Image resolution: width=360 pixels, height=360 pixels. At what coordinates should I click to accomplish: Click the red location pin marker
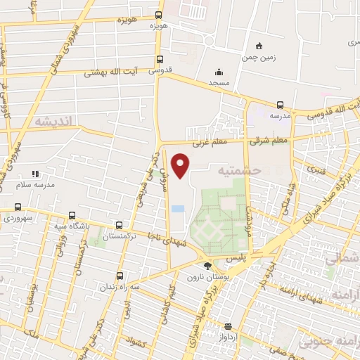pyautogui.click(x=181, y=165)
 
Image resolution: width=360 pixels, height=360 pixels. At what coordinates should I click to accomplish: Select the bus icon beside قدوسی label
pyautogui.click(x=160, y=60)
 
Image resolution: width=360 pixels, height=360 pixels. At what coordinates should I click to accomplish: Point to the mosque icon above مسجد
pyautogui.click(x=219, y=72)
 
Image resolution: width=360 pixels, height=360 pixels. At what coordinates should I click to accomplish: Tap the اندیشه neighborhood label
pyautogui.click(x=53, y=122)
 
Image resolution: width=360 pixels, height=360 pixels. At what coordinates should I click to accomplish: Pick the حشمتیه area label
pyautogui.click(x=239, y=170)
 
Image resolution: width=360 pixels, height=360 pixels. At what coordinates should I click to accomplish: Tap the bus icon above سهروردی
pyautogui.click(x=18, y=207)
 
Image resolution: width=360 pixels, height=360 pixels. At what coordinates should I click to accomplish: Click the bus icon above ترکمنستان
pyautogui.click(x=119, y=226)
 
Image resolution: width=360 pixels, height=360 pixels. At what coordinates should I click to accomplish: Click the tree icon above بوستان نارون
pyautogui.click(x=207, y=266)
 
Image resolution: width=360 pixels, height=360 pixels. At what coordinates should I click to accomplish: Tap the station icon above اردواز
pyautogui.click(x=228, y=326)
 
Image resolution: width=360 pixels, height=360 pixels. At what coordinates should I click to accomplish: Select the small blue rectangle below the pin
pyautogui.click(x=176, y=209)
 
